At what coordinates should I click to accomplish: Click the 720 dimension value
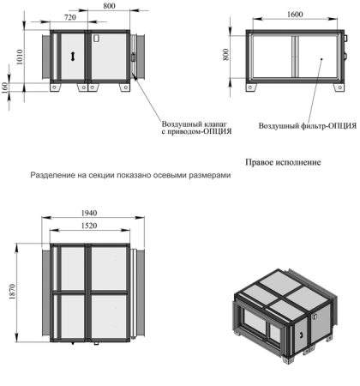tap(70, 17)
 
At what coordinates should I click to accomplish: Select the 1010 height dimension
tap(20, 57)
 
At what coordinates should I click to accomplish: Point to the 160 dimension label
tap(5, 87)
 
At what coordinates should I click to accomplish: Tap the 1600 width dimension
tap(295, 15)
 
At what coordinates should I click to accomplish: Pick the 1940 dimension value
tap(89, 213)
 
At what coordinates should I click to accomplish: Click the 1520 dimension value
tap(89, 226)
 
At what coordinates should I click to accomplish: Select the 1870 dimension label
tap(12, 292)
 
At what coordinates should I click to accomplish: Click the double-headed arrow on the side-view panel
tap(73, 56)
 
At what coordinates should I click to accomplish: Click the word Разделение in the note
tap(52, 175)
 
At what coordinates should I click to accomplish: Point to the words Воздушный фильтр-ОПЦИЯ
tap(308, 126)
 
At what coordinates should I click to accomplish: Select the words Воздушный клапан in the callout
tap(195, 124)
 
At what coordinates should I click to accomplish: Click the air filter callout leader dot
tap(321, 59)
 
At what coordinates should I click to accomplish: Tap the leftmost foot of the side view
tap(55, 87)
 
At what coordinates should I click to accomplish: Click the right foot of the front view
tap(339, 87)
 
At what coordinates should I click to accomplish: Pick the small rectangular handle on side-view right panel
tap(96, 39)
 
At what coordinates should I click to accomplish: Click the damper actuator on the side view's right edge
tap(133, 57)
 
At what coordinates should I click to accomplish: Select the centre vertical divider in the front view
tap(296, 57)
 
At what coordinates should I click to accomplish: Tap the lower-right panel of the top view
tap(109, 316)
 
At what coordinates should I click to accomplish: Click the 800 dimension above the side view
tap(109, 6)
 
